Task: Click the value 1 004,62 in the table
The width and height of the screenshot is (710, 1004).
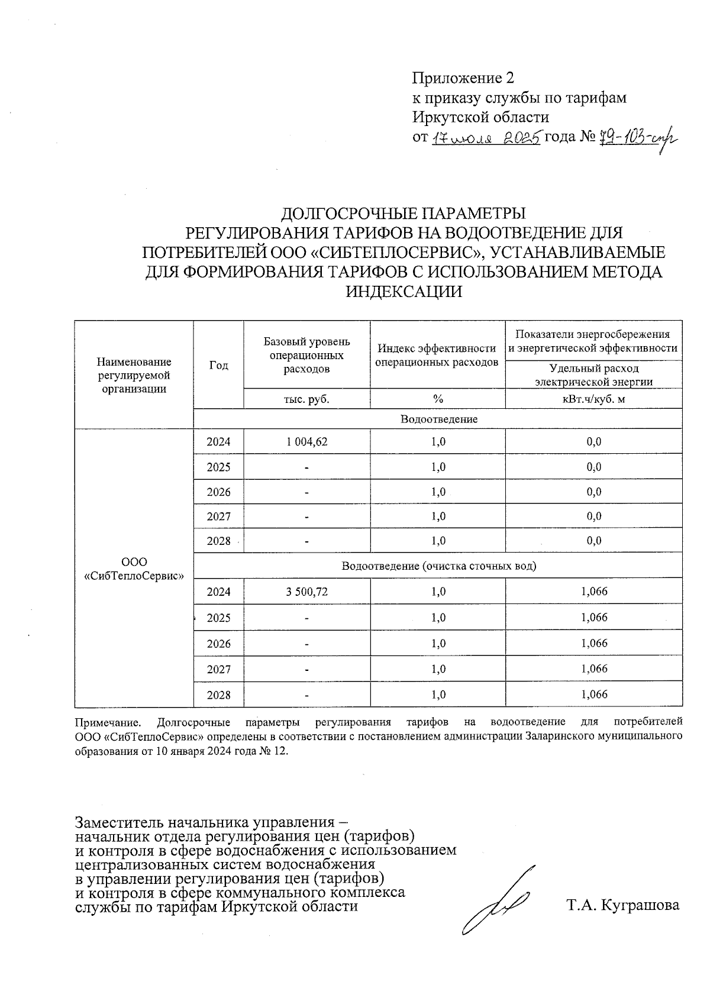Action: pyautogui.click(x=306, y=442)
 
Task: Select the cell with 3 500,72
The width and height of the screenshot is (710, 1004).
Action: pyautogui.click(x=306, y=592)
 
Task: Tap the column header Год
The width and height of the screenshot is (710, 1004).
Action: pyautogui.click(x=218, y=366)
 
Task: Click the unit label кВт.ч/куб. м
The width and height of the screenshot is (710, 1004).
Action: pyautogui.click(x=593, y=399)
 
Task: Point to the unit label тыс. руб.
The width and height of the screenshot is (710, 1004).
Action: pyautogui.click(x=306, y=399)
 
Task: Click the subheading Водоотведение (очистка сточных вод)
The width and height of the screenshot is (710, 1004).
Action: pyautogui.click(x=438, y=566)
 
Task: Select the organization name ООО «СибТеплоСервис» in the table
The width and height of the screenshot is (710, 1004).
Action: pyautogui.click(x=134, y=569)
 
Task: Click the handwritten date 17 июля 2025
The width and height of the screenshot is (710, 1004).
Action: pyautogui.click(x=485, y=138)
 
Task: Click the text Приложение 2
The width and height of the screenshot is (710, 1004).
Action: pyautogui.click(x=463, y=78)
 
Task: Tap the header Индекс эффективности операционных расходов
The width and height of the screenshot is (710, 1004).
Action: pyautogui.click(x=437, y=355)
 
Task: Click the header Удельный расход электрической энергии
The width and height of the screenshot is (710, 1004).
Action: pyautogui.click(x=593, y=375)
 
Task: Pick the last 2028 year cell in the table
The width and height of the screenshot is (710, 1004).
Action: pyautogui.click(x=218, y=695)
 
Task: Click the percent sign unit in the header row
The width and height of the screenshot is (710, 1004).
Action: pyautogui.click(x=438, y=399)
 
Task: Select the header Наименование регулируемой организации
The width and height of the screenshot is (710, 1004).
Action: pyautogui.click(x=134, y=375)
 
